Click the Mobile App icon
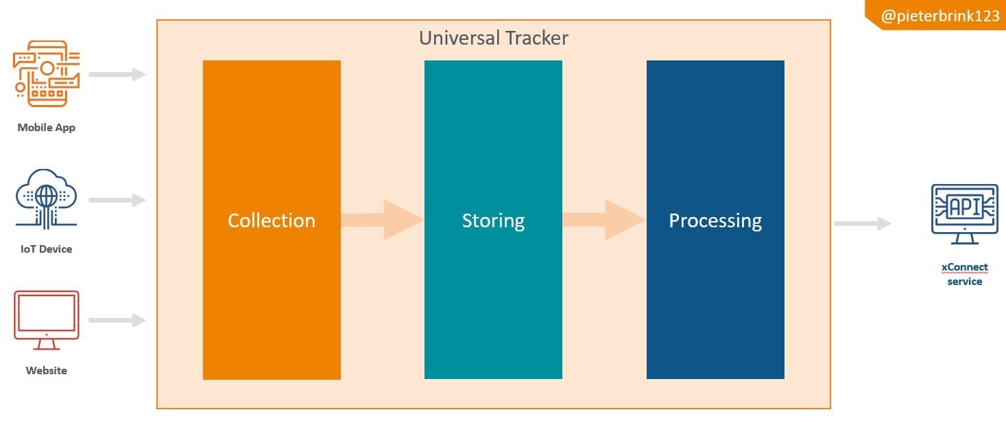coord(46,73)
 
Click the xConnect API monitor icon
coord(964,214)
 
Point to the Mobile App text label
coord(46,127)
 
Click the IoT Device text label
coord(46,249)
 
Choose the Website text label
coord(46,370)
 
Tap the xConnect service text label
coord(964,274)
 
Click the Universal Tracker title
coord(493,38)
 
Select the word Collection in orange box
coord(272,220)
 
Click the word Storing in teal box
coord(493,220)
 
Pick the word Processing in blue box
coord(715,220)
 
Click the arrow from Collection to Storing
coord(382,220)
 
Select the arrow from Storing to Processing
coord(604,220)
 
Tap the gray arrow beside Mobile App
coord(117,74)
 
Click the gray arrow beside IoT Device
coord(117,200)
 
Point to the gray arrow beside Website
coord(117,320)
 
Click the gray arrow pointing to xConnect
coord(862,223)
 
